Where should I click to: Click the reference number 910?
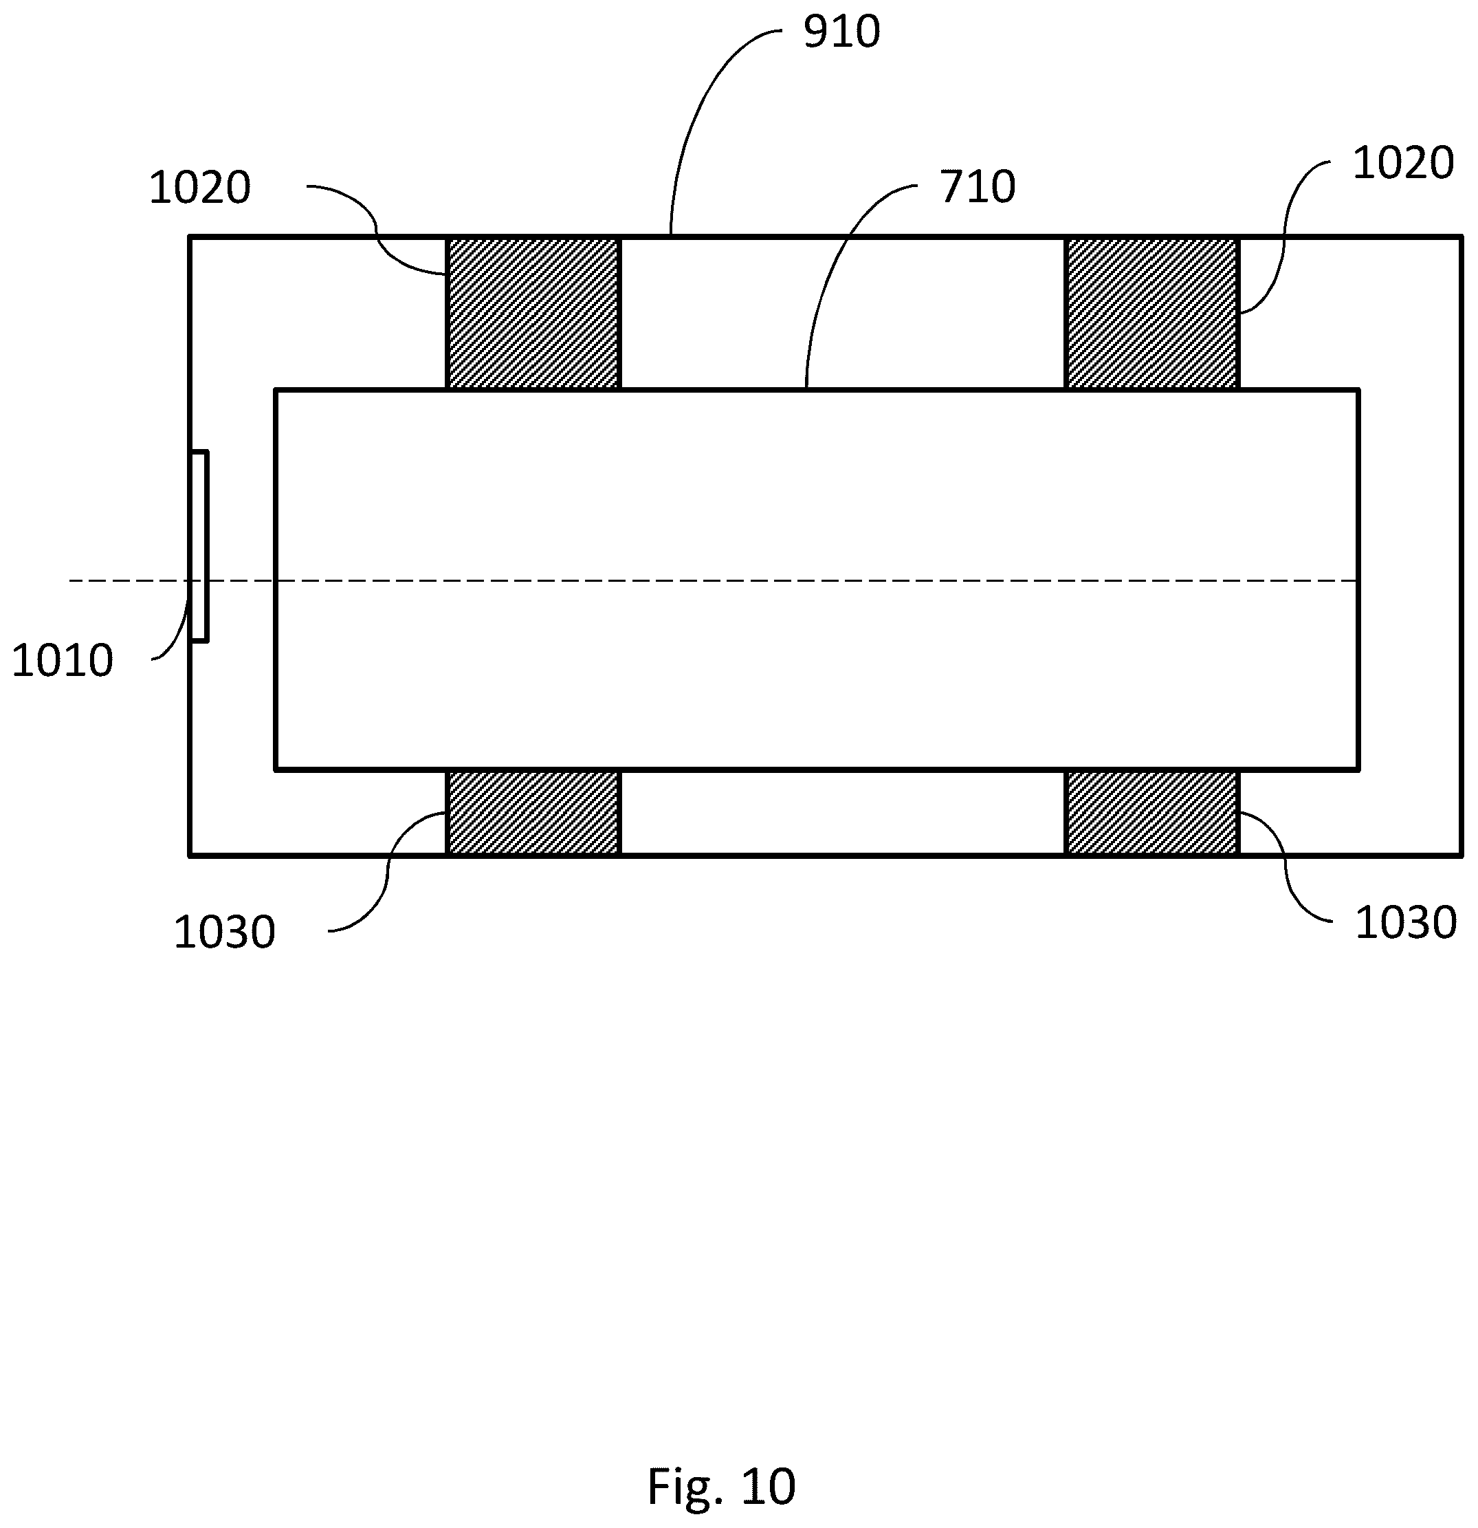(x=841, y=33)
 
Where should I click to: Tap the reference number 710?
(x=977, y=188)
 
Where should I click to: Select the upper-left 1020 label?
(x=199, y=188)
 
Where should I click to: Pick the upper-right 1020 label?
(x=1402, y=164)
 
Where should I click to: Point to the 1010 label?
(x=63, y=661)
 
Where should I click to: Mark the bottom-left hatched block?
(x=533, y=813)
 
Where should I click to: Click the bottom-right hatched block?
(x=1151, y=813)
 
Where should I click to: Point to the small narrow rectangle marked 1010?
(x=199, y=547)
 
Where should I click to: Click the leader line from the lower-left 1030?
(x=388, y=873)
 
